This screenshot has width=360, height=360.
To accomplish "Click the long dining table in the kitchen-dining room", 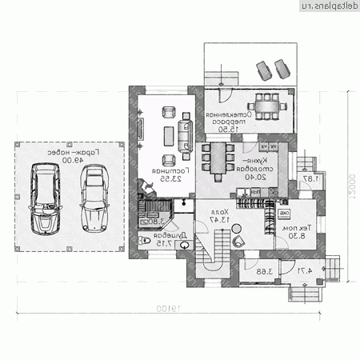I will pos(215,161).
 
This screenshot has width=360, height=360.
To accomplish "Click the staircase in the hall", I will pos(214,252).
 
